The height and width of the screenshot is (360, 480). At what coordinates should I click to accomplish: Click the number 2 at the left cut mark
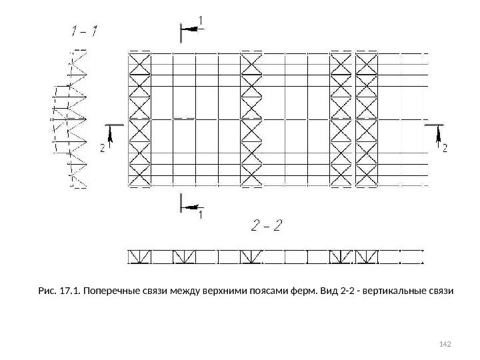[x=102, y=149]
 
